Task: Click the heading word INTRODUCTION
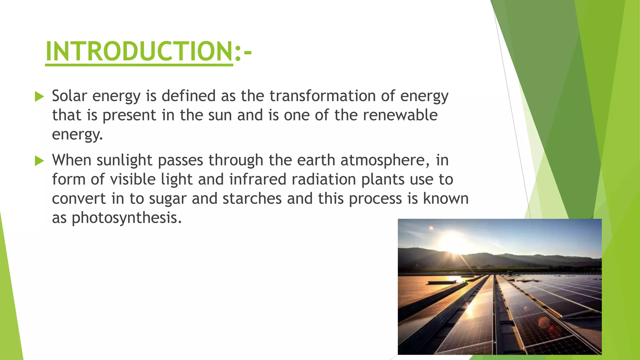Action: coord(139,51)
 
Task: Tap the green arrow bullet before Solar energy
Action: coord(39,97)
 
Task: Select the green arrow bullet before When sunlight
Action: coord(39,161)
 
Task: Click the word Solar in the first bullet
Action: coord(69,96)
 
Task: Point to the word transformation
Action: coord(322,96)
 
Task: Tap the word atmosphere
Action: coord(382,160)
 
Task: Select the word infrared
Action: coord(257,180)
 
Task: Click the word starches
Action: coord(252,199)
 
